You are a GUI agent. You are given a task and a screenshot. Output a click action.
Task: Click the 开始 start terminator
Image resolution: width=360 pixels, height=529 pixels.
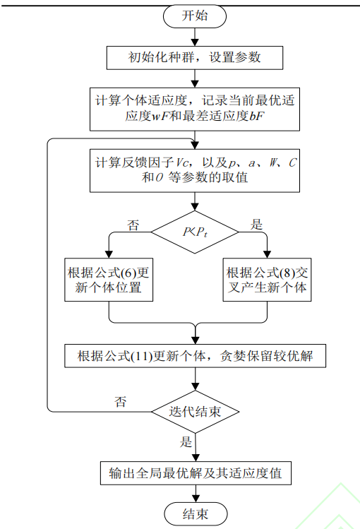pyautogui.click(x=195, y=16)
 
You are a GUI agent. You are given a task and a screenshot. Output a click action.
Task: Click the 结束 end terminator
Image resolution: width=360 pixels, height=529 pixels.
pyautogui.click(x=195, y=513)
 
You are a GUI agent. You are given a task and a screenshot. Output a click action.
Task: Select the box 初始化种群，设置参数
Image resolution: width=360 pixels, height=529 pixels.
pyautogui.click(x=195, y=57)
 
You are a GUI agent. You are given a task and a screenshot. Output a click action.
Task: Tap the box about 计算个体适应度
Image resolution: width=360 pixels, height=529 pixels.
pyautogui.click(x=195, y=108)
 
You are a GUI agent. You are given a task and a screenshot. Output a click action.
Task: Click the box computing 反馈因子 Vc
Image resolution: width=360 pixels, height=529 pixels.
pyautogui.click(x=195, y=170)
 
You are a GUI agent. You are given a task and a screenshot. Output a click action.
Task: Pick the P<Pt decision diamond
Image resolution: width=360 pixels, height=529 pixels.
pyautogui.click(x=195, y=232)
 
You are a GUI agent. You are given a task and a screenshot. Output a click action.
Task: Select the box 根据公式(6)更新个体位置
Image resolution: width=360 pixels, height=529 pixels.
pyautogui.click(x=109, y=280)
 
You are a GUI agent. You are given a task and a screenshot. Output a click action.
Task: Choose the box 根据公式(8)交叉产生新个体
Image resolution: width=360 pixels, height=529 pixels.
pyautogui.click(x=266, y=280)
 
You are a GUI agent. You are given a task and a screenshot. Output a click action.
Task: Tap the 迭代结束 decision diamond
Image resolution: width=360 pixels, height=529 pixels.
pyautogui.click(x=195, y=411)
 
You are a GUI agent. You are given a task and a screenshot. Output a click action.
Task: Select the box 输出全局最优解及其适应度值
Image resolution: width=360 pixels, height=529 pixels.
pyautogui.click(x=195, y=472)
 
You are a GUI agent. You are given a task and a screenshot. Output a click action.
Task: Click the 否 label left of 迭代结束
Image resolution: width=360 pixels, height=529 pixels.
pyautogui.click(x=121, y=402)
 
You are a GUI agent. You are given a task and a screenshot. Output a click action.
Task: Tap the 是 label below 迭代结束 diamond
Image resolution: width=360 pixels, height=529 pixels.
pyautogui.click(x=186, y=443)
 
